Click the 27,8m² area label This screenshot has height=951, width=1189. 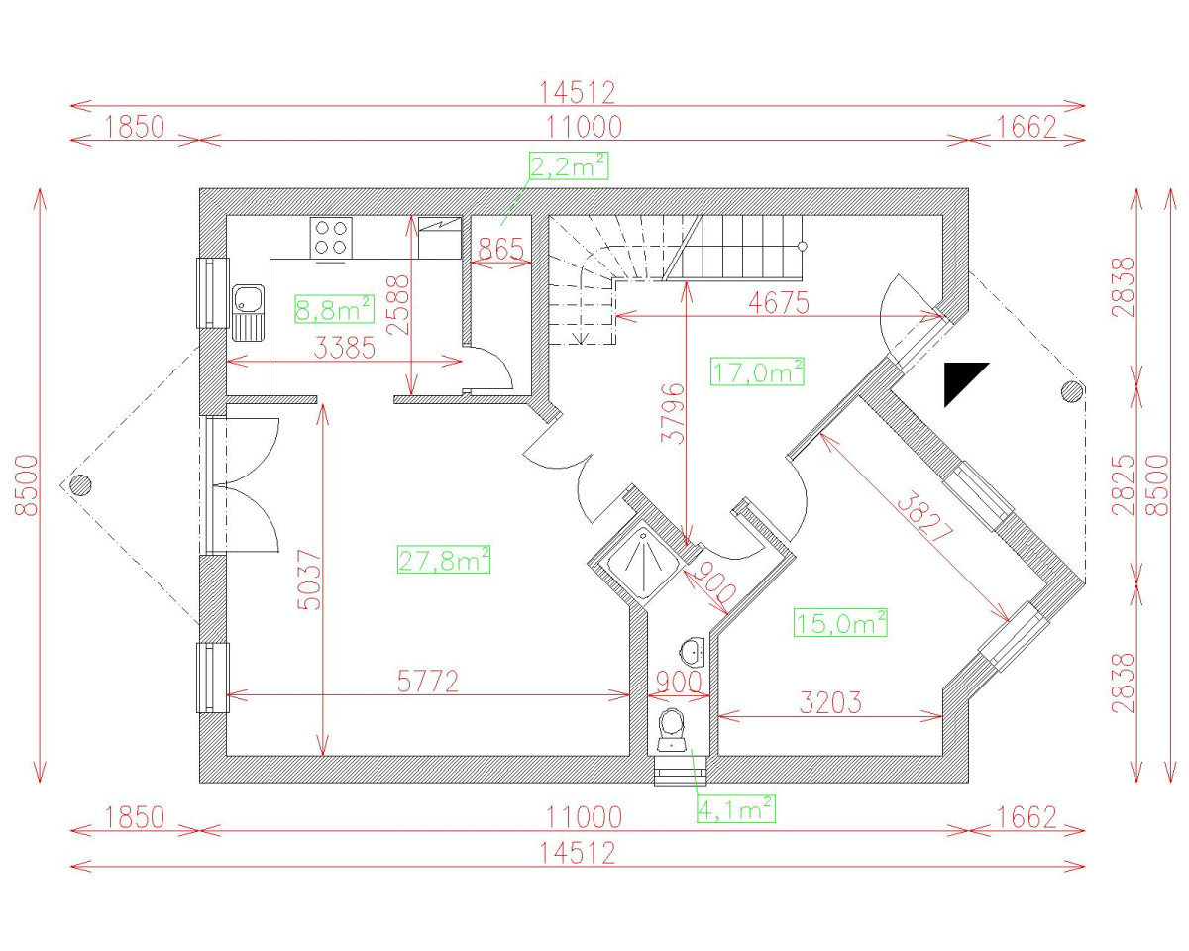tap(444, 560)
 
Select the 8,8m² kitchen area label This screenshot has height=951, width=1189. tap(334, 310)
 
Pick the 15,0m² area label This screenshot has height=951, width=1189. tap(840, 623)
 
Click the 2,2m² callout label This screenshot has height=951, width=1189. tap(569, 165)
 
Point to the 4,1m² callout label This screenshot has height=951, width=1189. tap(735, 809)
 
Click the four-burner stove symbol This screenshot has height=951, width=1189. tap(331, 238)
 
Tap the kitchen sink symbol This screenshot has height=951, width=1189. tap(249, 310)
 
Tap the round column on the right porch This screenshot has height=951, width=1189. tap(1072, 392)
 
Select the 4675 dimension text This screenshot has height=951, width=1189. tap(779, 302)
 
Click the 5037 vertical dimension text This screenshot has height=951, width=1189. tap(310, 581)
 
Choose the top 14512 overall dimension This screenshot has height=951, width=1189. tap(578, 92)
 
